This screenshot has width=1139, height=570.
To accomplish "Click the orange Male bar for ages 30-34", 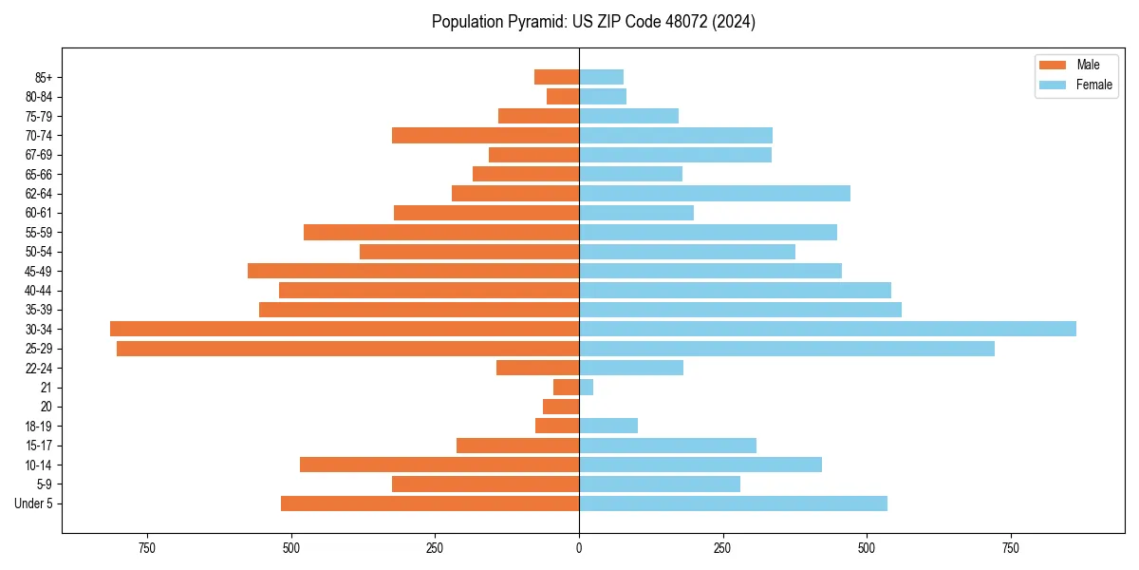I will (345, 329).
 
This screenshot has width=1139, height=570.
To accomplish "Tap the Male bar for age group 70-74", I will (485, 135).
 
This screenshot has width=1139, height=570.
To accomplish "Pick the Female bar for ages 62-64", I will (715, 193).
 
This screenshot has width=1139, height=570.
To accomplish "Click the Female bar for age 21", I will (587, 387).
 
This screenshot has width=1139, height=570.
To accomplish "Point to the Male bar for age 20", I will (561, 407).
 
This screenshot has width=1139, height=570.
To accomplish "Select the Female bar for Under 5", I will (733, 503).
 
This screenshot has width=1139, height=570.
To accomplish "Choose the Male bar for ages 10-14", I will (439, 465).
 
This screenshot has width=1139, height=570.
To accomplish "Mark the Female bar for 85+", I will (601, 77).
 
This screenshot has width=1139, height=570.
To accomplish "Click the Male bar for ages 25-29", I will (347, 349).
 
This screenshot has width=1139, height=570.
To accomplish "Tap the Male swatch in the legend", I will (1053, 65).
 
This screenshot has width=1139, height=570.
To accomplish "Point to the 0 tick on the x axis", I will (579, 548).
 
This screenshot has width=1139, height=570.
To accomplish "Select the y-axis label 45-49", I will (39, 271).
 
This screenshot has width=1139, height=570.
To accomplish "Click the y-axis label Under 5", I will (34, 503).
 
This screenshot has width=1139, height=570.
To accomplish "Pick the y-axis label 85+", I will (43, 77).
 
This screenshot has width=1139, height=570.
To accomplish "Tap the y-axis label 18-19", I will (39, 426).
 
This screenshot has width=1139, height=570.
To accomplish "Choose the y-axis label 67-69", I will (39, 155).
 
